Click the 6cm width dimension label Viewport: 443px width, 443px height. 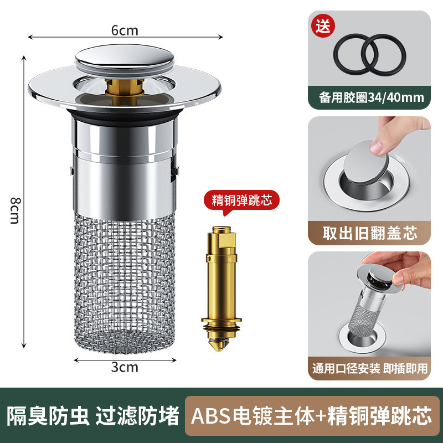pyautogui.click(x=125, y=30)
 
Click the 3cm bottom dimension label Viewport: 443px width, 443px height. pyautogui.click(x=125, y=367)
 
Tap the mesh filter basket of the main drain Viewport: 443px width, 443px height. pyautogui.click(x=125, y=282)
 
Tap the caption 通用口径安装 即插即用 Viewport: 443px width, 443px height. pyautogui.click(x=369, y=368)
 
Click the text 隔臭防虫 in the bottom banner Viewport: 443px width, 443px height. pyautogui.click(x=48, y=415)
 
